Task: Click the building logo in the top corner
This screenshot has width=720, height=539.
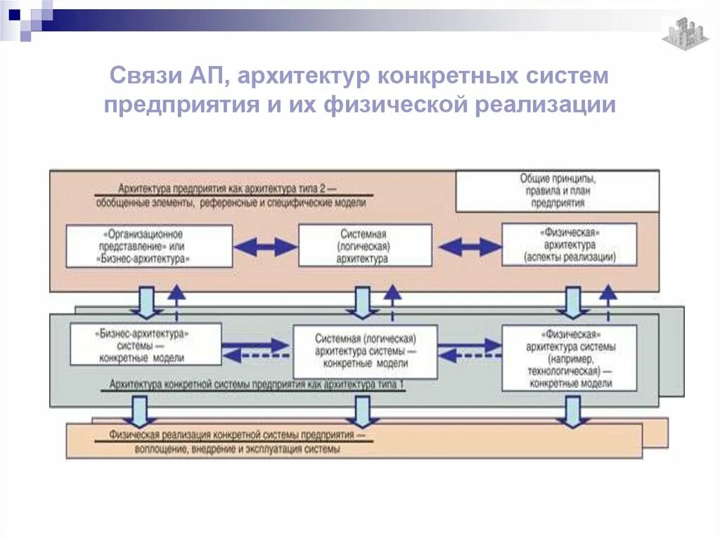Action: click(x=685, y=32)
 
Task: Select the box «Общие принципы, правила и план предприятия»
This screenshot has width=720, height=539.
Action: click(x=558, y=191)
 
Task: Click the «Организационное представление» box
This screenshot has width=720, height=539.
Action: click(x=150, y=246)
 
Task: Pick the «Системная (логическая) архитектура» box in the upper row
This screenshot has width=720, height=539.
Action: click(x=364, y=246)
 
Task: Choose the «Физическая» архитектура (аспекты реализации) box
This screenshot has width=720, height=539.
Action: click(x=569, y=245)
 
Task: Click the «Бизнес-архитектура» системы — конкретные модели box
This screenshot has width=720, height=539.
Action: click(x=146, y=344)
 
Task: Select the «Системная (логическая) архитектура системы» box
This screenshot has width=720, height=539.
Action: click(x=365, y=351)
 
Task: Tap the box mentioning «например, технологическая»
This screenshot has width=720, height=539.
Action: click(x=570, y=357)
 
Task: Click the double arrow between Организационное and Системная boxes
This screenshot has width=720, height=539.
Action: click(x=265, y=247)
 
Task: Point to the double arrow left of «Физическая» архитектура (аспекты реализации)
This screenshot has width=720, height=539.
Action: click(x=469, y=247)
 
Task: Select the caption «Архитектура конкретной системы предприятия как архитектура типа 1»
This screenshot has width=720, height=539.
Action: click(x=257, y=385)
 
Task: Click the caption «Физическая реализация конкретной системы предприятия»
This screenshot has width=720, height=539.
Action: click(x=237, y=436)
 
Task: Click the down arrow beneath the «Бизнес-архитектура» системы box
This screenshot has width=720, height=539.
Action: click(x=140, y=410)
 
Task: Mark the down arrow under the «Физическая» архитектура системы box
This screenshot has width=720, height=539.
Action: click(x=572, y=410)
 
